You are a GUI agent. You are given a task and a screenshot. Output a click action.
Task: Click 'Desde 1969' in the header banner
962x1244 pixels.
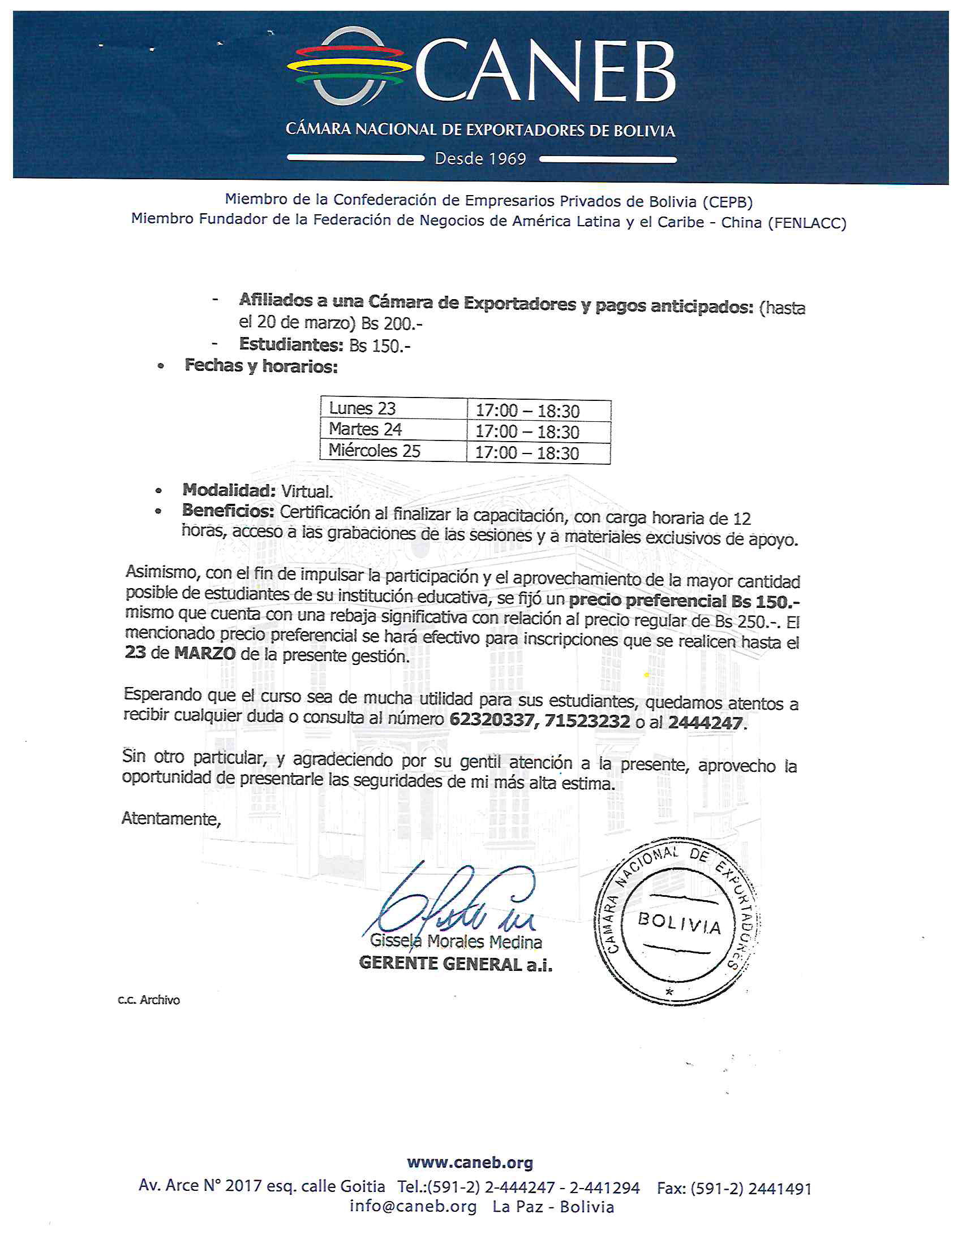coord(480,158)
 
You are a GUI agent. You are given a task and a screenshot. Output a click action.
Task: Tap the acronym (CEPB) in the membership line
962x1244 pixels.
coord(727,202)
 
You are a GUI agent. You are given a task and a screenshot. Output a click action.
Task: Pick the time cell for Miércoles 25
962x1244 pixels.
coord(527,453)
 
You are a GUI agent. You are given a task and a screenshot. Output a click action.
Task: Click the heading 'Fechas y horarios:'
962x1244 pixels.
coord(261,366)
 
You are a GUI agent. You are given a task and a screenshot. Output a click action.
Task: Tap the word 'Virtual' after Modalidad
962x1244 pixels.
coord(307,491)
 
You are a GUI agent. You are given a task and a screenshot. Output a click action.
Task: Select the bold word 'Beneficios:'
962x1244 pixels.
coord(228,511)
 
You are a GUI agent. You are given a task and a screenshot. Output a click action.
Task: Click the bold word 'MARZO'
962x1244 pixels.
coord(205,653)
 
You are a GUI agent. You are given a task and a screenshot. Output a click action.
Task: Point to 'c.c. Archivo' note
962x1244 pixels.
coord(149,1000)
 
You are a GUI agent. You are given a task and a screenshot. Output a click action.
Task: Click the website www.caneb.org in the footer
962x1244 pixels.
coord(470,1162)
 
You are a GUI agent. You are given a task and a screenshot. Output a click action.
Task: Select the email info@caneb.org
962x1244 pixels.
coord(413,1207)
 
